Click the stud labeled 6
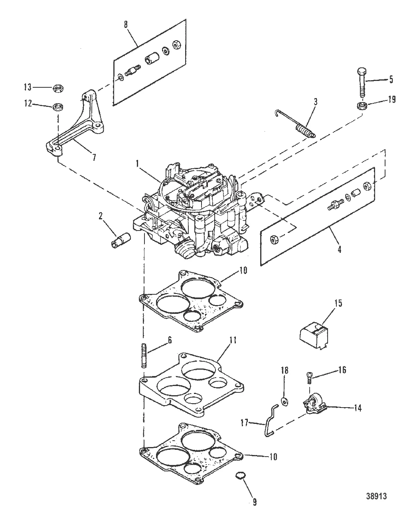144,355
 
